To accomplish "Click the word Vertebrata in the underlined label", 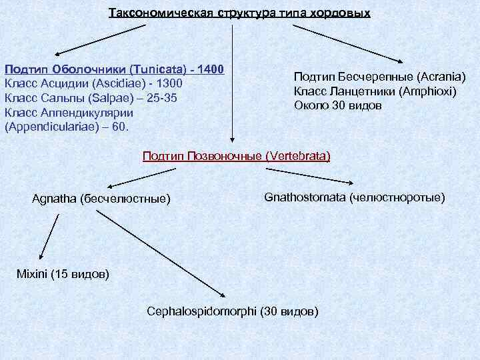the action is click(x=297, y=156).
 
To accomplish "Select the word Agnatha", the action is click(x=54, y=199).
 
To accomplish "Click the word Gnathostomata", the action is click(x=305, y=197).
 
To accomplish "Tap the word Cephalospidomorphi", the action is click(x=201, y=311).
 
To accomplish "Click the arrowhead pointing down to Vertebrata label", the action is click(x=232, y=141).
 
